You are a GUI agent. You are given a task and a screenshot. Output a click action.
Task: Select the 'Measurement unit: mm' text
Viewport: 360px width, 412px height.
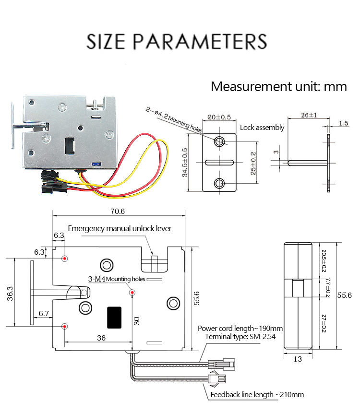(278, 87)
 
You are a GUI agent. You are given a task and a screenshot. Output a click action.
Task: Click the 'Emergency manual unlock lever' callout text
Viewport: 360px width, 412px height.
(120, 228)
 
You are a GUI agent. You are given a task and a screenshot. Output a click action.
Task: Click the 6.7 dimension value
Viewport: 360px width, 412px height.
(44, 314)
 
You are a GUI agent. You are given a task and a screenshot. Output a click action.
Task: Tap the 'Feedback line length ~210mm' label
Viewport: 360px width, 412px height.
(257, 395)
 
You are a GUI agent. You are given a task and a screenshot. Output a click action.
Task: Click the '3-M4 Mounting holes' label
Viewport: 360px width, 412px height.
(116, 279)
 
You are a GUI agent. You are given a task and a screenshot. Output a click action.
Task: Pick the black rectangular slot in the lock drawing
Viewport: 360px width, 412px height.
(114, 318)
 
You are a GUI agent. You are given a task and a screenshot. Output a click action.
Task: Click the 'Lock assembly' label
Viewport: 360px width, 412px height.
(262, 128)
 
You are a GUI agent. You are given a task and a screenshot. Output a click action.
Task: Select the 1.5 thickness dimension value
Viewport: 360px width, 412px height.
(343, 123)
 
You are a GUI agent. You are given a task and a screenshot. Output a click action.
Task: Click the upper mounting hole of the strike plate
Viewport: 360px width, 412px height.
(219, 141)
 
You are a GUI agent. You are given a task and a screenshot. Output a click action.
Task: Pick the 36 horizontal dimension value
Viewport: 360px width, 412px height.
(101, 338)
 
